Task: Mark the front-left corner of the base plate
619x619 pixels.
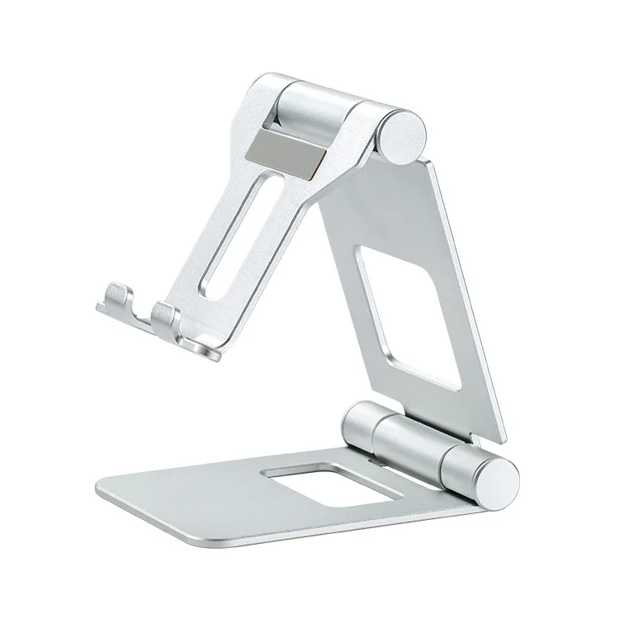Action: [102, 489]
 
